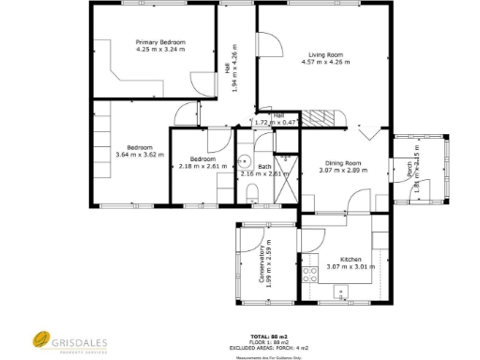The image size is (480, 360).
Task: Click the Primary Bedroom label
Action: [x=160, y=42]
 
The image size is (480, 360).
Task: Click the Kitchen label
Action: [x=351, y=259]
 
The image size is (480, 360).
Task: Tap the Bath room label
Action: [x=265, y=166]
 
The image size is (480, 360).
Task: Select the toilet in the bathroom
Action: [x=252, y=193]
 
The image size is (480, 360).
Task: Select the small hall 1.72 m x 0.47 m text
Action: [x=277, y=122]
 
